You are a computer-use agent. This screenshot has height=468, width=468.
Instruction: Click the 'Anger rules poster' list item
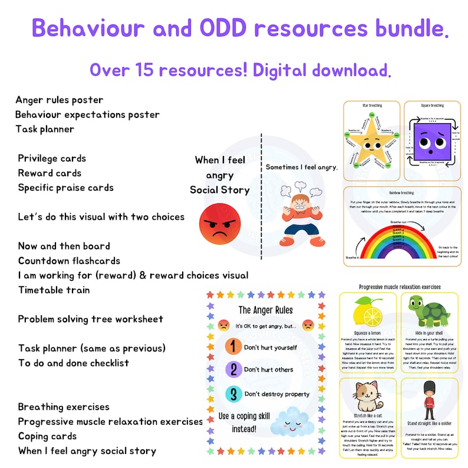tap(60, 100)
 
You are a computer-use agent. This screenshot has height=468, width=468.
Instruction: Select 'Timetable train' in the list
tap(54, 290)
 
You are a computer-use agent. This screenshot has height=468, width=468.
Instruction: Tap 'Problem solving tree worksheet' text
tap(90, 319)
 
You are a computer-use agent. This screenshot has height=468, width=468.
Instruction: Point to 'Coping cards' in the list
tap(47, 436)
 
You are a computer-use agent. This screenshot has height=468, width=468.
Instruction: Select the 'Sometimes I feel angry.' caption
tap(301, 167)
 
